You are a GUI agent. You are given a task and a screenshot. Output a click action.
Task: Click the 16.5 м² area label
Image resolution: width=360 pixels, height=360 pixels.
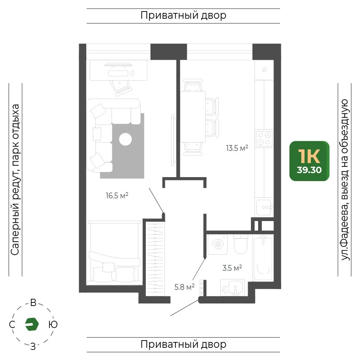click(117, 195)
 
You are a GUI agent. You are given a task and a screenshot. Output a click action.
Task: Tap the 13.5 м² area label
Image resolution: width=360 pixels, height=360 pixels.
click(237, 148)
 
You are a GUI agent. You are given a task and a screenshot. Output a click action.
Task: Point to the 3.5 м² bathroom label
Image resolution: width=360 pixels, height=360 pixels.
click(232, 268)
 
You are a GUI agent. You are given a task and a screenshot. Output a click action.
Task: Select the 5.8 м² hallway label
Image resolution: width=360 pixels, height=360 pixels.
click(184, 287)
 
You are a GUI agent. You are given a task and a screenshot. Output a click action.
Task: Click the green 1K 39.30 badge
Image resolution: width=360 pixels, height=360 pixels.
click(309, 161)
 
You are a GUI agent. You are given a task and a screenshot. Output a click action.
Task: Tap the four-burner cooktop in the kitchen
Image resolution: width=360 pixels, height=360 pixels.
click(264, 139)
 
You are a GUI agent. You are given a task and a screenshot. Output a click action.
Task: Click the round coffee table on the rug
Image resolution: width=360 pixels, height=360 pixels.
click(125, 139)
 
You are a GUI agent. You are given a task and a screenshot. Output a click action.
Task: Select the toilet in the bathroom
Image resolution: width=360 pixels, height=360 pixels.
click(240, 244)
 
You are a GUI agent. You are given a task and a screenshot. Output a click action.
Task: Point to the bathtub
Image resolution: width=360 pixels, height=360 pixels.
click(263, 258)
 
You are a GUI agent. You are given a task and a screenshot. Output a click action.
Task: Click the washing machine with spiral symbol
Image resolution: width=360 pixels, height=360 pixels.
click(217, 244)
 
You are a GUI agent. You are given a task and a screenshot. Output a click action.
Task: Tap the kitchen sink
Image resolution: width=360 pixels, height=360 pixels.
click(264, 207)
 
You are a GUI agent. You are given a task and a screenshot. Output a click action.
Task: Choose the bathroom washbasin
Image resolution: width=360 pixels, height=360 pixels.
click(232, 287)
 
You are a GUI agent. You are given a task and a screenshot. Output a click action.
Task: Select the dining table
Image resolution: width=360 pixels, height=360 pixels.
click(193, 117)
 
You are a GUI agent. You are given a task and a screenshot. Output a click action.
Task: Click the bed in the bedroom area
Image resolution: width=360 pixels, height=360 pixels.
click(114, 253)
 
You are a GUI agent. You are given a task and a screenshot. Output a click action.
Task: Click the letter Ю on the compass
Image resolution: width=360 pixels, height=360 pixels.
click(53, 325)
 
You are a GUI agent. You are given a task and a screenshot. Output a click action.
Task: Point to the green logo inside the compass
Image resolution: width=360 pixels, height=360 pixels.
click(32, 324)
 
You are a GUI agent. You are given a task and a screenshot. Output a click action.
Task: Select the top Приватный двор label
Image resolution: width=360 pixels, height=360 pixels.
click(183, 15)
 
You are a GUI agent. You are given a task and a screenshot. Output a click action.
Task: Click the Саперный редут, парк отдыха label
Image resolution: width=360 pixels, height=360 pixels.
click(15, 180)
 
